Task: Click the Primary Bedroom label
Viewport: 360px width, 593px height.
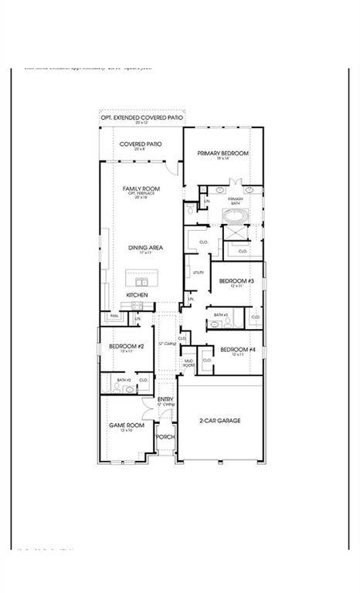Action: click(222, 154)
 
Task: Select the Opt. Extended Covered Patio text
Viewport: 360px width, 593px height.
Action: click(141, 117)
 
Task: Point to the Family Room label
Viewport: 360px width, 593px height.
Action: click(141, 188)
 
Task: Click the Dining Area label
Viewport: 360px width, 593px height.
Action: click(145, 248)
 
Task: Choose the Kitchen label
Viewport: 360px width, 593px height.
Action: click(137, 295)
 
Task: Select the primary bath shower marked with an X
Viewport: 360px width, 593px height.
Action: click(233, 232)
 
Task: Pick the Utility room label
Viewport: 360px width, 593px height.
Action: click(198, 273)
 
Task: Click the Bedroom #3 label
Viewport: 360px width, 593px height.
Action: click(231, 281)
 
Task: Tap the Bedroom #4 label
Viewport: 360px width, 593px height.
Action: click(232, 350)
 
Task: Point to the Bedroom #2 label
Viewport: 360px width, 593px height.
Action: click(126, 347)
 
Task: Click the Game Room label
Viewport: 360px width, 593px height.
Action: click(126, 425)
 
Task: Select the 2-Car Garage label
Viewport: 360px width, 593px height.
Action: click(220, 421)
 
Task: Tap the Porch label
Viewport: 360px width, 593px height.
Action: click(166, 437)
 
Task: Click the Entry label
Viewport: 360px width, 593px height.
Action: click(166, 399)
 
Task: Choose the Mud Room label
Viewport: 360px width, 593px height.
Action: click(188, 362)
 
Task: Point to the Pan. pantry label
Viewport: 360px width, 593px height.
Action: click(114, 315)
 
